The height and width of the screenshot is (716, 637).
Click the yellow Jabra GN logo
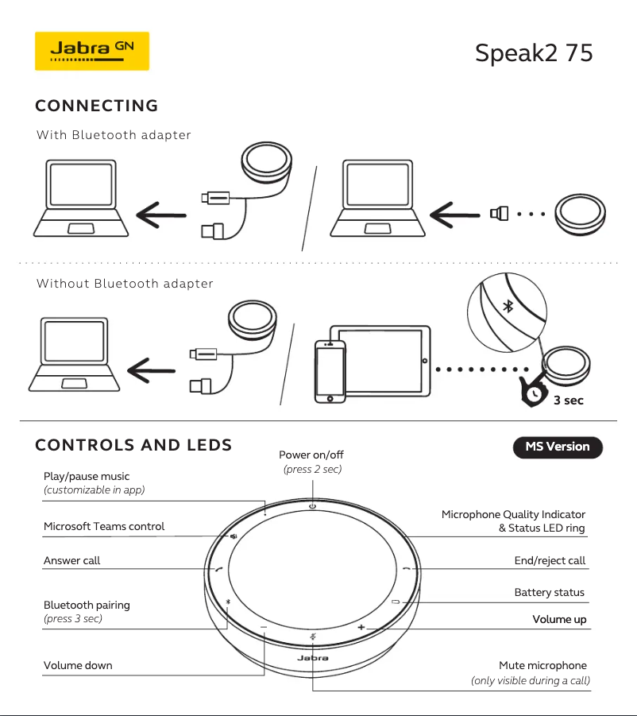pos(91,50)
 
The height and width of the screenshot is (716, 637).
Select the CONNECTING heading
pos(96,106)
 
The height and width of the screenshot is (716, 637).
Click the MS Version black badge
pos(558,447)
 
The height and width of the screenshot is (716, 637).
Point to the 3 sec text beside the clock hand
pos(568,401)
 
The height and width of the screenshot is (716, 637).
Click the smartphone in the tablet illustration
pos(330,372)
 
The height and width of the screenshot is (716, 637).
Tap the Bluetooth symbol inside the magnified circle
pos(508,307)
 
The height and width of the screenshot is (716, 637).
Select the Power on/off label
pos(311,455)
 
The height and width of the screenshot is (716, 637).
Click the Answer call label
pos(71,560)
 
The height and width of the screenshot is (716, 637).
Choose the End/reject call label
pos(550,560)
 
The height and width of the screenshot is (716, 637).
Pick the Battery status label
pos(549,592)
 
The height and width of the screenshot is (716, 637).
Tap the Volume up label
pos(559,619)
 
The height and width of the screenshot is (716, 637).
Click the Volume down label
pos(78,665)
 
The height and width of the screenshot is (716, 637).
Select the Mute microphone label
pos(542,665)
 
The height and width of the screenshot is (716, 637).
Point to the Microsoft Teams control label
pos(104,526)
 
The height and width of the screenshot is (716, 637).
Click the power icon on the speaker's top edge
pos(312,506)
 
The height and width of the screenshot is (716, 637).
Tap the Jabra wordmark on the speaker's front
pos(312,658)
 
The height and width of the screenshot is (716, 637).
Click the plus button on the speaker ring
pos(361,628)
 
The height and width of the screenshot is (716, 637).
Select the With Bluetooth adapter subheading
pos(114,135)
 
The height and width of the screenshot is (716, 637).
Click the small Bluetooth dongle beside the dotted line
pos(499,213)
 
